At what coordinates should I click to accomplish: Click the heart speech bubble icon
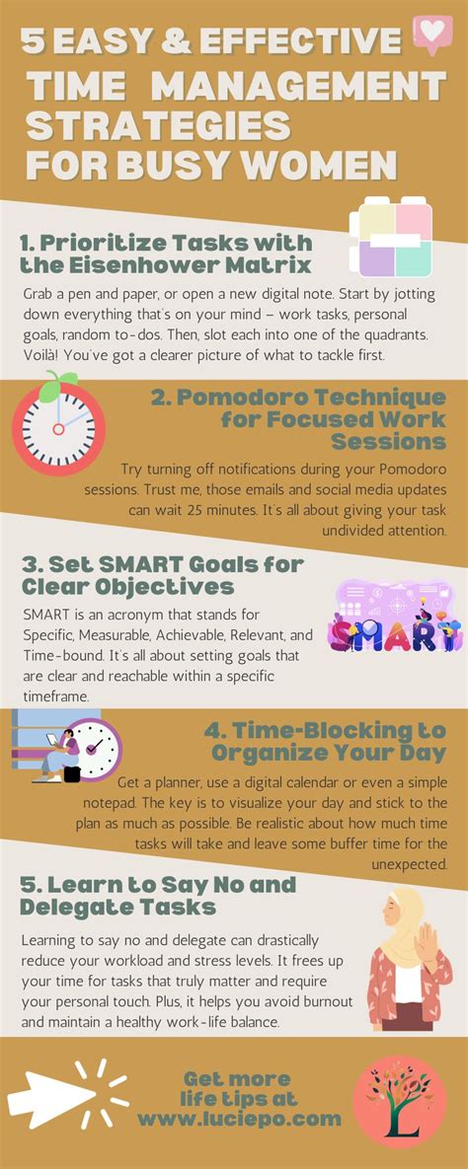(431, 34)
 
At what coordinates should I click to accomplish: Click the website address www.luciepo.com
(239, 1119)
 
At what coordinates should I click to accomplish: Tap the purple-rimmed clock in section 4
(97, 749)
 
